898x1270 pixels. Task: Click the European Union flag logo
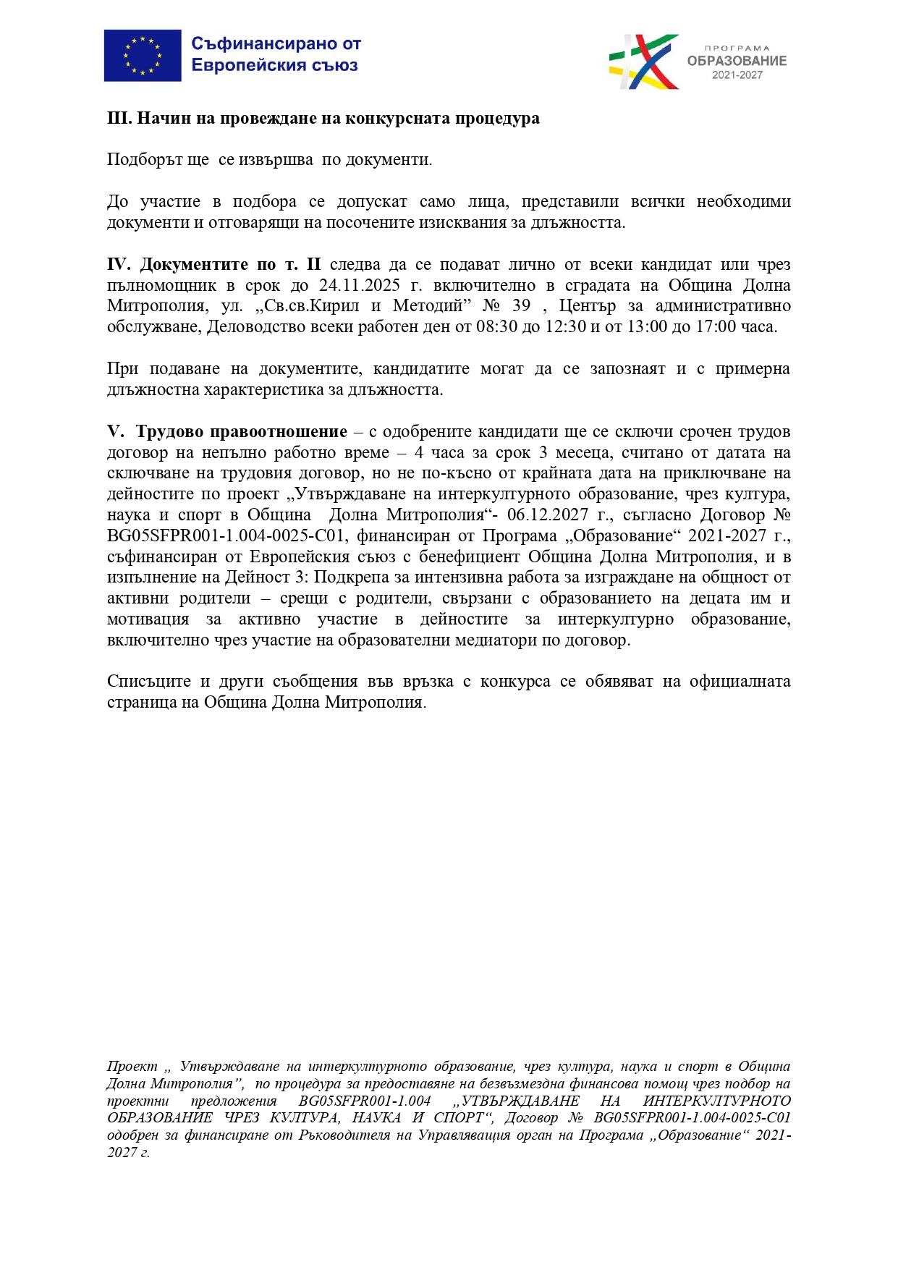(x=143, y=56)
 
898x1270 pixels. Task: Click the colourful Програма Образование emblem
(x=643, y=62)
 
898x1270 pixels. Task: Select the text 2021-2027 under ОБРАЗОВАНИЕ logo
(x=737, y=75)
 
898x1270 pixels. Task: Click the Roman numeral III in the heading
(x=119, y=118)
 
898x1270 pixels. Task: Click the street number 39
(x=521, y=305)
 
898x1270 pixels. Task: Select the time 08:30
(x=496, y=326)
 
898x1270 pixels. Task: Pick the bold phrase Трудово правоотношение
(x=242, y=431)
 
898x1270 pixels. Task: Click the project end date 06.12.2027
(x=548, y=515)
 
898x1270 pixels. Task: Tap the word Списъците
(x=149, y=681)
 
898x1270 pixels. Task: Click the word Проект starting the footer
(x=132, y=1066)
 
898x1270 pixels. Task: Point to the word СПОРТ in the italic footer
(x=458, y=1118)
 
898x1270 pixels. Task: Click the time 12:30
(x=567, y=326)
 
